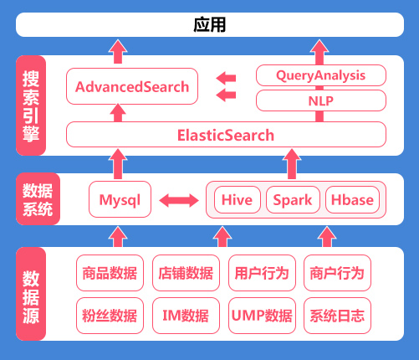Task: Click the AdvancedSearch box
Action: [x=132, y=86]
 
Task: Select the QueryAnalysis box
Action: [x=321, y=75]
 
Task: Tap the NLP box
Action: [x=321, y=100]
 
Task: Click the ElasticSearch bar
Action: [x=226, y=135]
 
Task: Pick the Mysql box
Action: [x=120, y=199]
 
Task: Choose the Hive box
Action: [x=238, y=199]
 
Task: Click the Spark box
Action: [x=293, y=199]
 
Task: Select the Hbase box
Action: [x=352, y=199]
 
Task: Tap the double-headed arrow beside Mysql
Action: [x=179, y=201]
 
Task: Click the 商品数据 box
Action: [x=110, y=273]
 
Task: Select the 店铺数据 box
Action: [x=186, y=273]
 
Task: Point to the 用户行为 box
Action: [x=262, y=273]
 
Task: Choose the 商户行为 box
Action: [x=337, y=273]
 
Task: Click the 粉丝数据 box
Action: [x=110, y=316]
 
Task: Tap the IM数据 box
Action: [x=186, y=316]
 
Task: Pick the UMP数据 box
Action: [x=262, y=316]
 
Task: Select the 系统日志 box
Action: [x=337, y=316]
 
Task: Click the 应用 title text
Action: [x=210, y=24]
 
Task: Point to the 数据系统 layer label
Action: [x=38, y=199]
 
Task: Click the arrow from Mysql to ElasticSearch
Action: [x=118, y=164]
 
